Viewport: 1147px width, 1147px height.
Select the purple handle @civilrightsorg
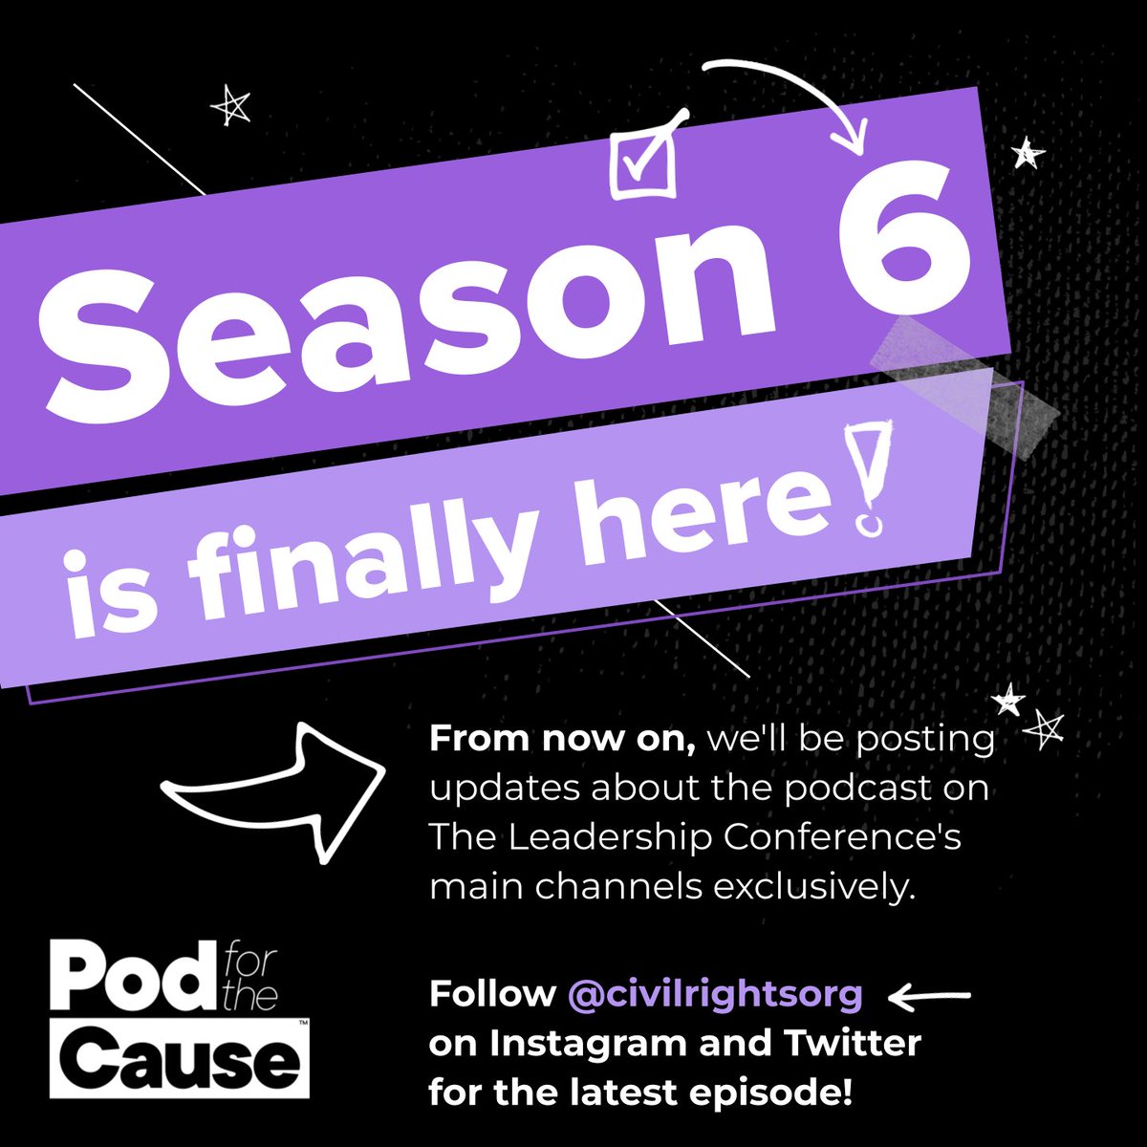pos(715,994)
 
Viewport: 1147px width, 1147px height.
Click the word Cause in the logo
pos(191,1056)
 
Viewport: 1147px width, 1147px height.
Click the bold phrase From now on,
pos(568,739)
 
